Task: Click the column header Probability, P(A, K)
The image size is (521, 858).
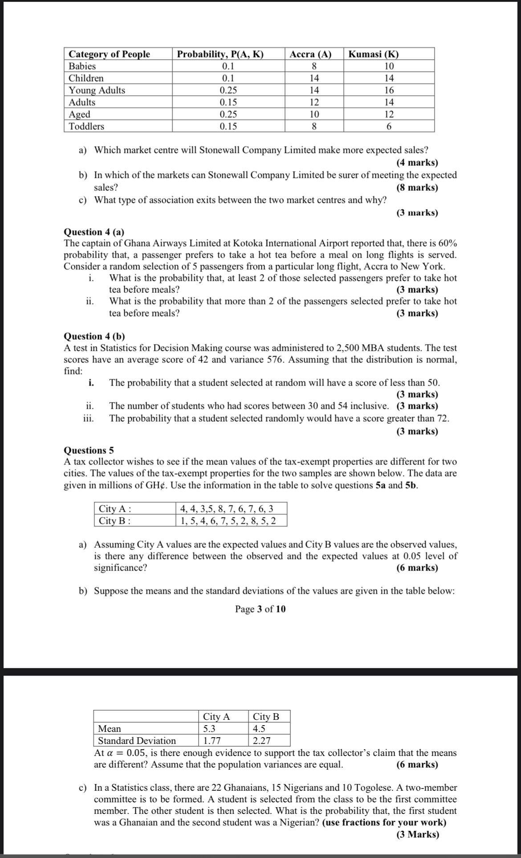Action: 220,54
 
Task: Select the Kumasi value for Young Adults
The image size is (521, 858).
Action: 389,90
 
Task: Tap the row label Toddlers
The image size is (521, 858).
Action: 86,126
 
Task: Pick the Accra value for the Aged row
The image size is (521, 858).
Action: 314,114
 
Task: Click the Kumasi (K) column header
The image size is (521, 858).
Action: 373,54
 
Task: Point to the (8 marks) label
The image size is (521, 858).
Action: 417,187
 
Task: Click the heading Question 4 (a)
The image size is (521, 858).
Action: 94,232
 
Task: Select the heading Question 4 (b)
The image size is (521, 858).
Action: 94,336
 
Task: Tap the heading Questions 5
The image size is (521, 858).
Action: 89,450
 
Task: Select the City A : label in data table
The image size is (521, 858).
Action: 115,509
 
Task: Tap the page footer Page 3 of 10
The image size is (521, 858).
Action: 260,609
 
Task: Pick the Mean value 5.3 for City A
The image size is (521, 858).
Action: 209,729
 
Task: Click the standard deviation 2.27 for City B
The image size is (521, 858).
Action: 261,741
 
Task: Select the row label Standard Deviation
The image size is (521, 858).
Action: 137,741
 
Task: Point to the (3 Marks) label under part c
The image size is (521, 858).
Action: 417,834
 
